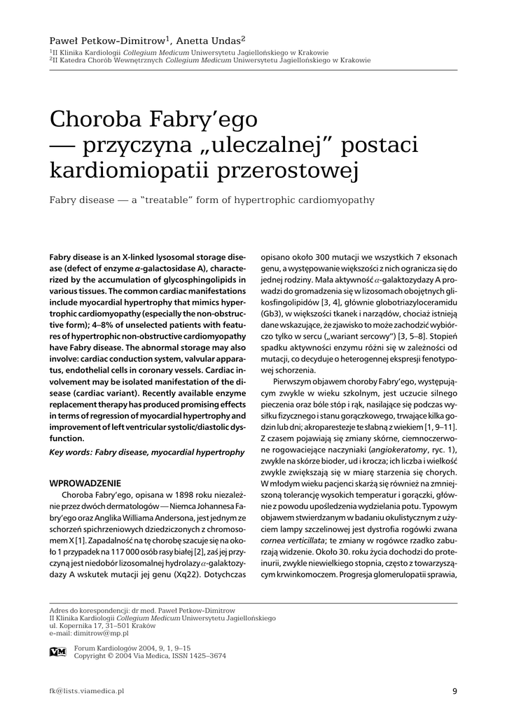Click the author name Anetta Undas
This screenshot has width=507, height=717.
point(210,41)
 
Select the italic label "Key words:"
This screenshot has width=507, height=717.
point(71,452)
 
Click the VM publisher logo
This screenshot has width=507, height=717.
point(57,652)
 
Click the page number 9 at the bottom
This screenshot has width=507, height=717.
point(454,692)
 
